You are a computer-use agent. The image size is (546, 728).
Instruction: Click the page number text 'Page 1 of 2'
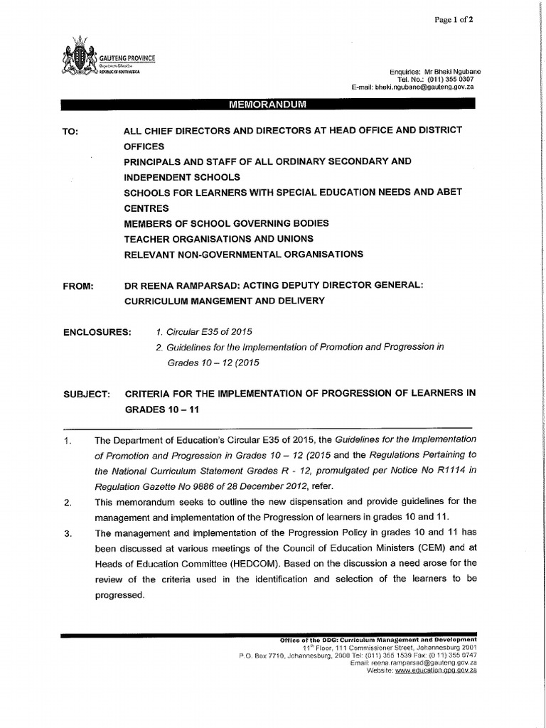(x=454, y=20)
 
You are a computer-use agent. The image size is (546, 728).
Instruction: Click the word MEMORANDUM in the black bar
(x=267, y=105)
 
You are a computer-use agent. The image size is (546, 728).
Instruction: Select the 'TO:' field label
(x=71, y=131)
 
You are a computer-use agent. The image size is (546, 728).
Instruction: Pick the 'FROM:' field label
(x=78, y=286)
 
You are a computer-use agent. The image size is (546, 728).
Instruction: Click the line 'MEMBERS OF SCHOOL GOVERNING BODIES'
(x=226, y=223)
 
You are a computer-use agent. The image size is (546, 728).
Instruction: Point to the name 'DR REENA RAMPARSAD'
(x=180, y=286)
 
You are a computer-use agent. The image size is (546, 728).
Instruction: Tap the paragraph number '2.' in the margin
(x=68, y=503)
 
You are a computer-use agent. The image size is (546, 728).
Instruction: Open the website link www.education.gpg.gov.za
(x=436, y=670)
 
